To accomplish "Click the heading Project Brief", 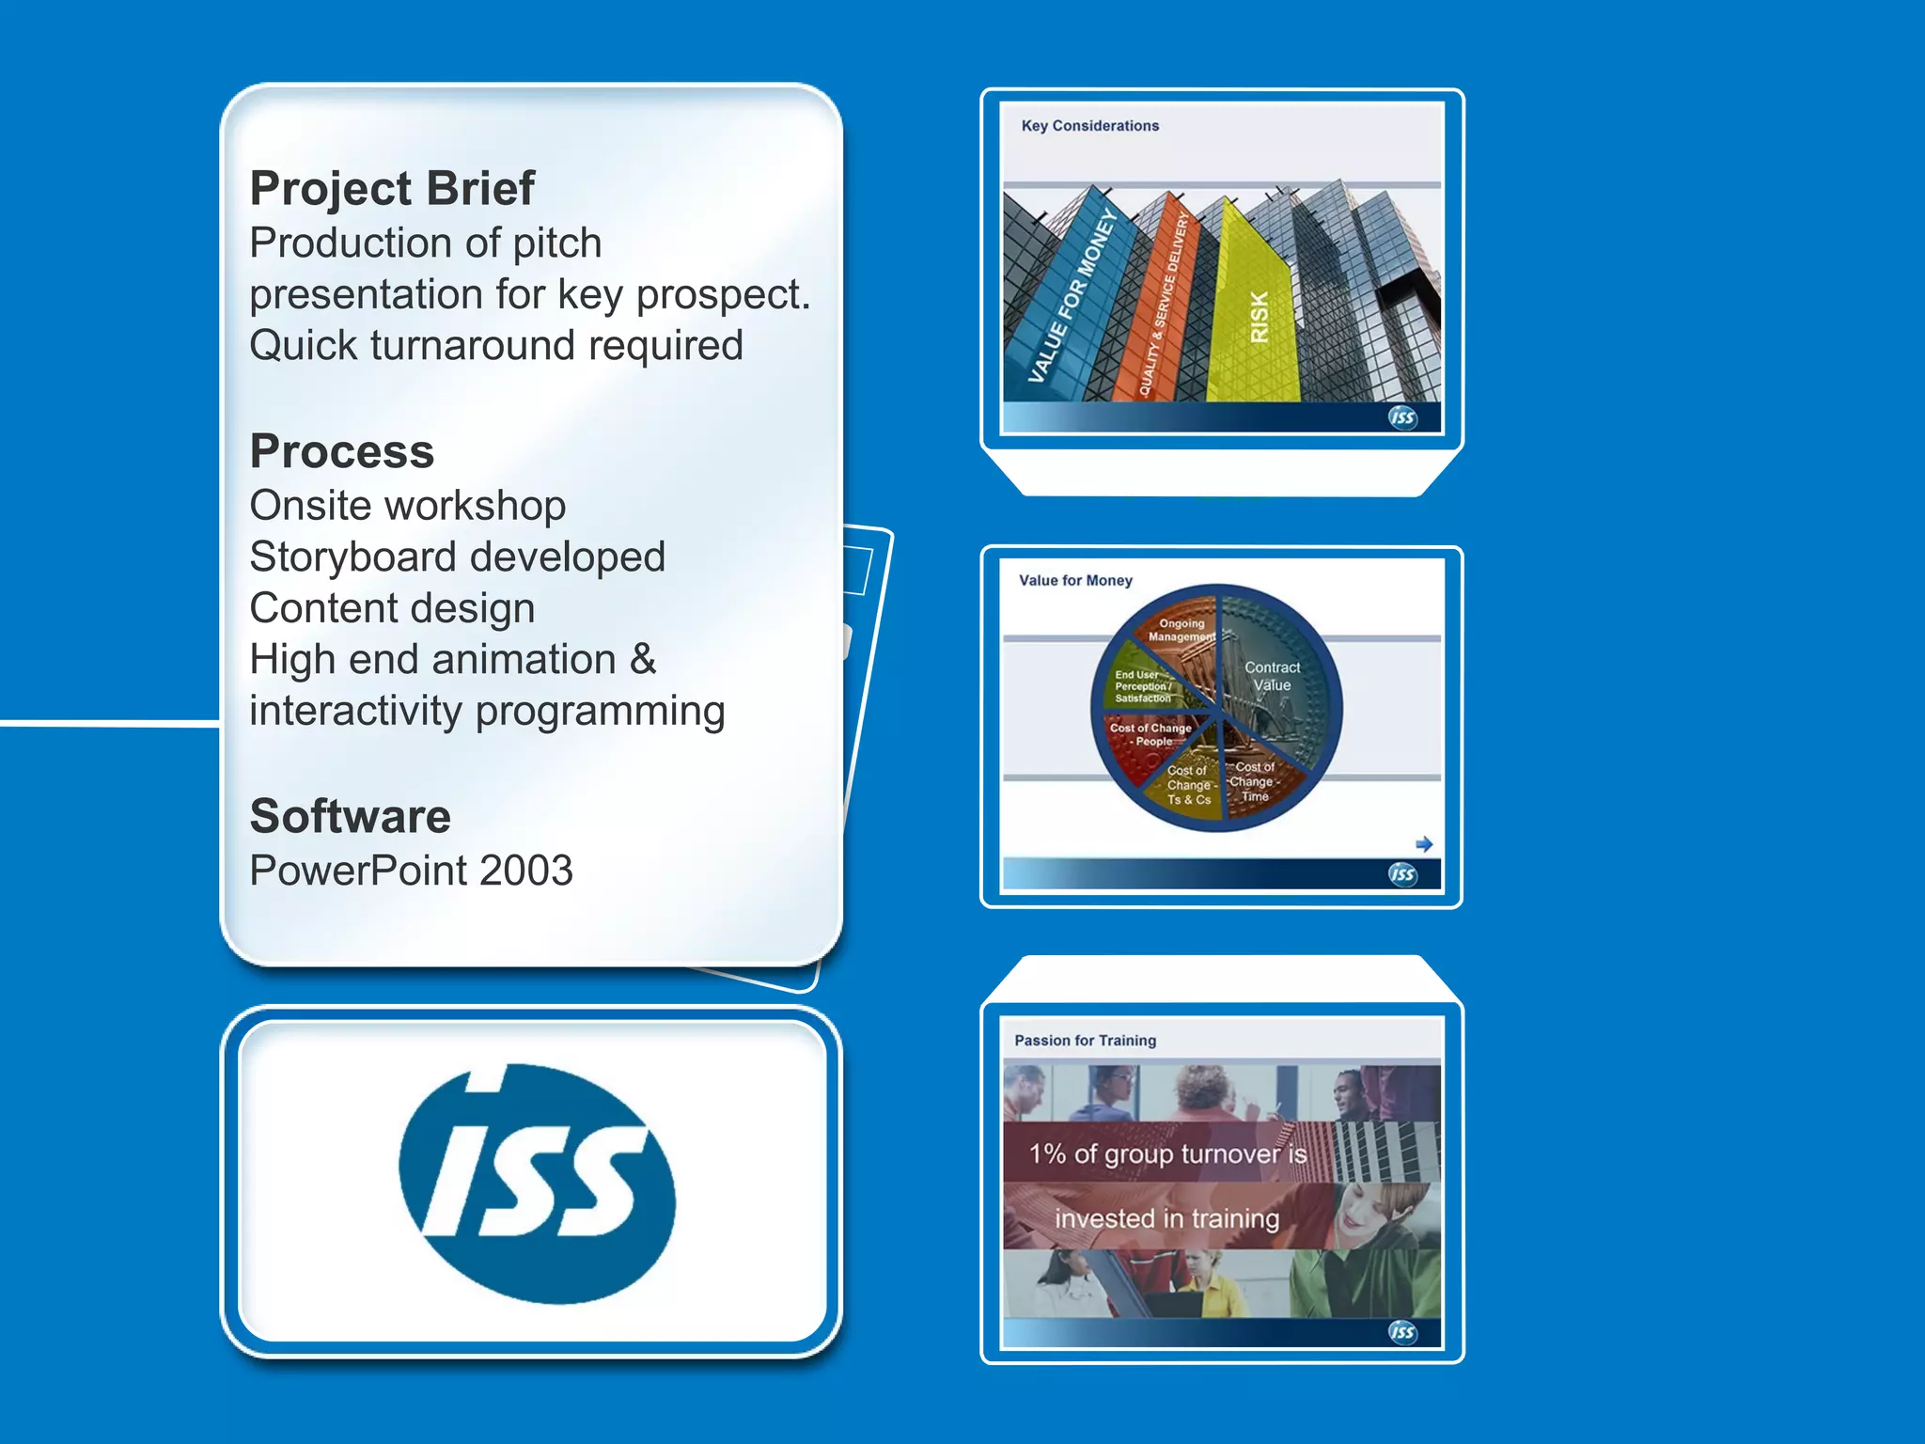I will coord(392,189).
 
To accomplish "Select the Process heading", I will coord(342,452).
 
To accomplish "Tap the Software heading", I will coord(350,816).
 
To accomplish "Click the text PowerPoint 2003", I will coord(411,871).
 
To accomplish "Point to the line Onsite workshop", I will coord(407,506).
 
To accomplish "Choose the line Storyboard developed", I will coord(457,557).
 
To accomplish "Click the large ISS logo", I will coord(537,1184).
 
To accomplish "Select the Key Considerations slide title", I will coord(1089,126).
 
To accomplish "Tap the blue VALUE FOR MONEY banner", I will coord(1072,297).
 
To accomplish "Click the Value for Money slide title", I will coord(1075,581).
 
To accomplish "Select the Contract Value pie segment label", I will coord(1272,676).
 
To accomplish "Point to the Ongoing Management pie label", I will coord(1181,630).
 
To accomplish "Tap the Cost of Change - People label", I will coord(1150,734).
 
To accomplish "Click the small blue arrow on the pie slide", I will coord(1424,844).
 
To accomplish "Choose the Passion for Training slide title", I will coord(1085,1041).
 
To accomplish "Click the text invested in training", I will coord(1166,1219).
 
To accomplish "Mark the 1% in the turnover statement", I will coord(1047,1154).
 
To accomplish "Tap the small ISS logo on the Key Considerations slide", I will coord(1402,417).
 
